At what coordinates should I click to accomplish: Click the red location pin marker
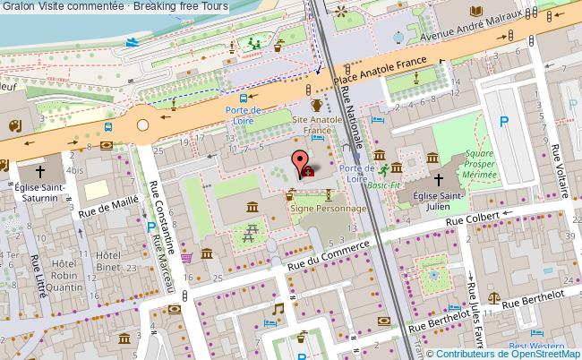(x=297, y=164)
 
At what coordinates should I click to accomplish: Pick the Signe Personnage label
(x=329, y=208)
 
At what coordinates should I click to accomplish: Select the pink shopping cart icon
(x=186, y=257)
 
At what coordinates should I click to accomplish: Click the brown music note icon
(x=278, y=309)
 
